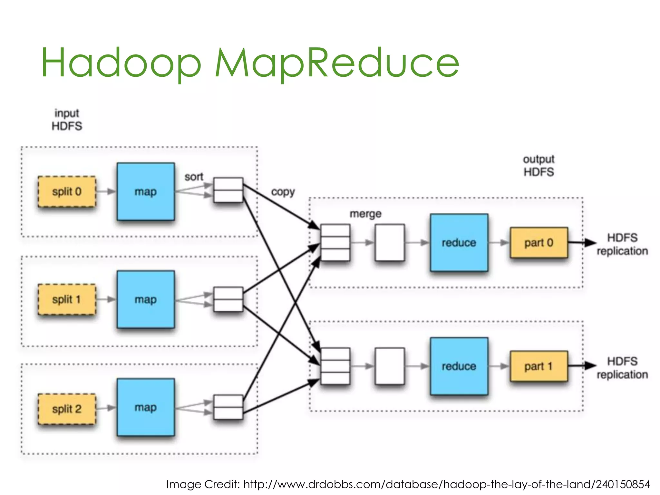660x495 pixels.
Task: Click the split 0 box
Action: pyautogui.click(x=67, y=192)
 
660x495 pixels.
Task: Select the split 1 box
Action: pyautogui.click(x=67, y=299)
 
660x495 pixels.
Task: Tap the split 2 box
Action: pyautogui.click(x=67, y=409)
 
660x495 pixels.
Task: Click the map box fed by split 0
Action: pyautogui.click(x=146, y=192)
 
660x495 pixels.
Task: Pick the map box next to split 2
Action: pyautogui.click(x=146, y=407)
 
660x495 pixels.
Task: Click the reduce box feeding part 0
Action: pyautogui.click(x=459, y=243)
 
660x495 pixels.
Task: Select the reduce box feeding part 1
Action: pyautogui.click(x=459, y=366)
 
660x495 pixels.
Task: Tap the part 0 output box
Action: pyautogui.click(x=539, y=243)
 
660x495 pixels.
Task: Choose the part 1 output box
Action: pyautogui.click(x=539, y=366)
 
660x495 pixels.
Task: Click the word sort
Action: pyautogui.click(x=194, y=177)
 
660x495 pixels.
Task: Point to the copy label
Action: pyautogui.click(x=283, y=192)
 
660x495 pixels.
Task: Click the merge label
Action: pyautogui.click(x=365, y=214)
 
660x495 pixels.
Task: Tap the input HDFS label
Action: pyautogui.click(x=67, y=120)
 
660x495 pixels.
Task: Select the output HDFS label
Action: pyautogui.click(x=539, y=166)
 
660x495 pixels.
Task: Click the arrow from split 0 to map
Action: pyautogui.click(x=106, y=192)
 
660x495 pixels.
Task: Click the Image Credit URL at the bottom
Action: pyautogui.click(x=446, y=484)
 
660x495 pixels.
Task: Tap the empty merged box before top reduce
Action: pyautogui.click(x=390, y=243)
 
